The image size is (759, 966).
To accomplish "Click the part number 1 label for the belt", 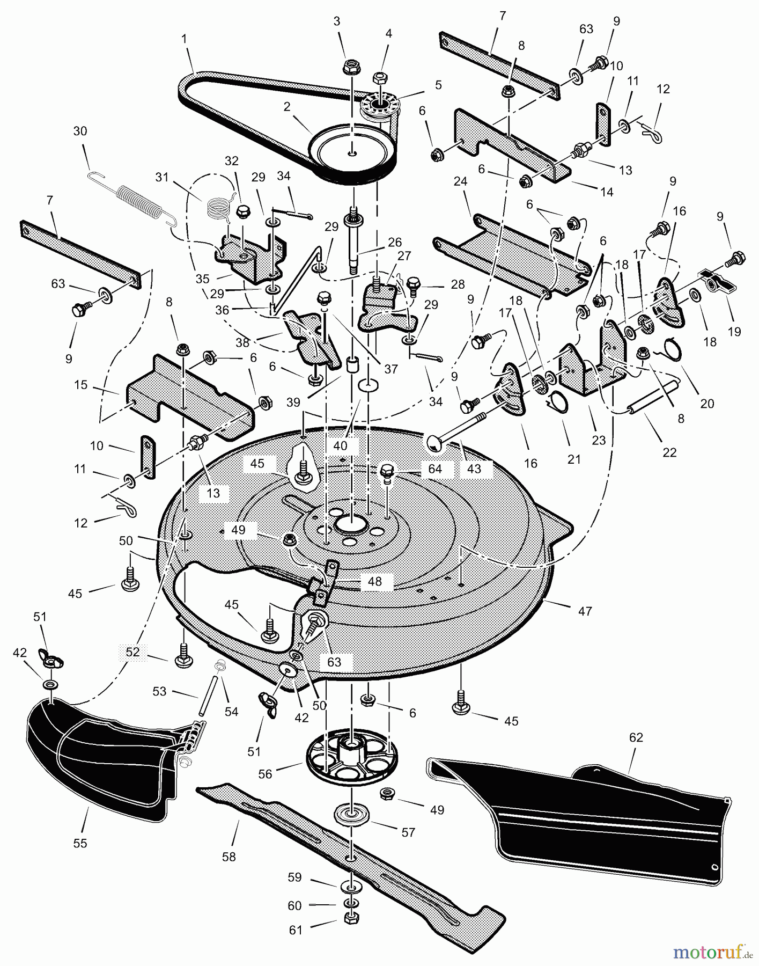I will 185,39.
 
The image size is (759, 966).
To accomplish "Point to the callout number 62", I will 636,737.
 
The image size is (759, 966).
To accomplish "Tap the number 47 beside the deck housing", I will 585,611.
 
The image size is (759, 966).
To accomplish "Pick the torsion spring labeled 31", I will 217,206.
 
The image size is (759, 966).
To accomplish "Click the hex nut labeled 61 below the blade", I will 350,918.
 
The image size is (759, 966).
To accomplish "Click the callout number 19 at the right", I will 734,331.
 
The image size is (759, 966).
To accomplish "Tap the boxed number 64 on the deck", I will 434,469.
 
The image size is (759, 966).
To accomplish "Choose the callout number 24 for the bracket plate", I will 460,181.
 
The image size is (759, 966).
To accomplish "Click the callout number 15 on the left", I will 80,385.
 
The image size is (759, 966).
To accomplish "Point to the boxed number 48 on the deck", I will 374,581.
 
